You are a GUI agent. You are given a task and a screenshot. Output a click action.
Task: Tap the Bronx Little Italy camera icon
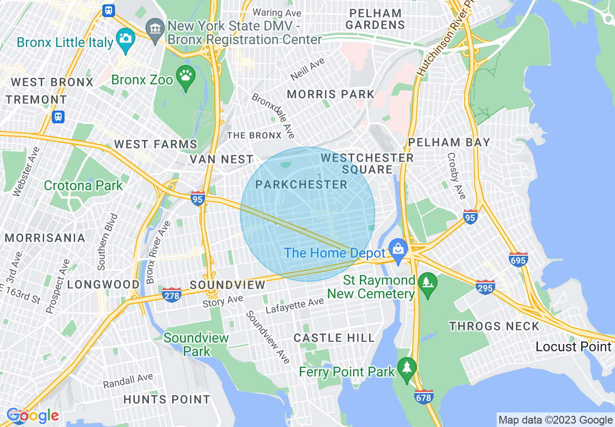point(126,39)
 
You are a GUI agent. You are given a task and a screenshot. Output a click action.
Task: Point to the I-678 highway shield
point(423,396)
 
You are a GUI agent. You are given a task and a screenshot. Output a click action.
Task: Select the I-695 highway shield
point(518,260)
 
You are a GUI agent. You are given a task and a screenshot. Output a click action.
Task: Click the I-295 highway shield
point(485,287)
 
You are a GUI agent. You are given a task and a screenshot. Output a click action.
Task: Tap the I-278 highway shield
point(172,295)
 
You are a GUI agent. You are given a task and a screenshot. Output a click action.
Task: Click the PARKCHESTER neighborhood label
point(301,185)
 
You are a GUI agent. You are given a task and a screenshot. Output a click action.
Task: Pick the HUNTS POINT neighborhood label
point(167,400)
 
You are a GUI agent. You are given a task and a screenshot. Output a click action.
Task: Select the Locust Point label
point(573,346)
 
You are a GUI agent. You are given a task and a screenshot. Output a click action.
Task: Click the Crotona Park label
point(83,185)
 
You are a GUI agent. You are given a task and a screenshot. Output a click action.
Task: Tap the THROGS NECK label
point(494,326)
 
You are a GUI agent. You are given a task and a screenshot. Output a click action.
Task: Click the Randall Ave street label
point(128,380)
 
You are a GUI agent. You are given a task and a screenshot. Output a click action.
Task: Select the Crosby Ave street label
point(456,176)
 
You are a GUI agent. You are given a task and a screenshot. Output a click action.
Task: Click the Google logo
point(33,415)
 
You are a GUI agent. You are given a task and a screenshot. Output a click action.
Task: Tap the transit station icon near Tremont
point(58,116)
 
